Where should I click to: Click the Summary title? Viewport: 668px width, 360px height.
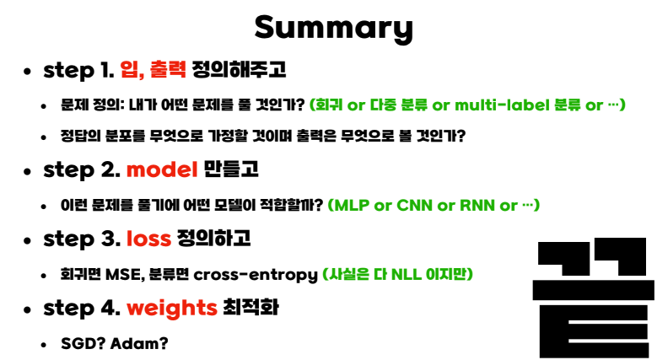(333, 28)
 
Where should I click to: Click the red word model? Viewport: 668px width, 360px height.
(162, 169)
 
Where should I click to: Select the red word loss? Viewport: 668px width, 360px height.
(148, 239)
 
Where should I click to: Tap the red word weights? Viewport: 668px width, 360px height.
(172, 309)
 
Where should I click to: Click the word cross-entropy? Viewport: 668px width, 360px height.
(256, 275)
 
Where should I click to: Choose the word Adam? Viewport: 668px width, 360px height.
(139, 343)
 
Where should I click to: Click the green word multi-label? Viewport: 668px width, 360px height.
(502, 105)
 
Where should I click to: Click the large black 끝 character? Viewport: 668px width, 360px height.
(594, 298)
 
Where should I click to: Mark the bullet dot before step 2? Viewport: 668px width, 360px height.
(28, 171)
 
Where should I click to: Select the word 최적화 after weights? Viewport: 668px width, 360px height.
(251, 308)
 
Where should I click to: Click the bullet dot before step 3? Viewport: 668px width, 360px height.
(28, 240)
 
